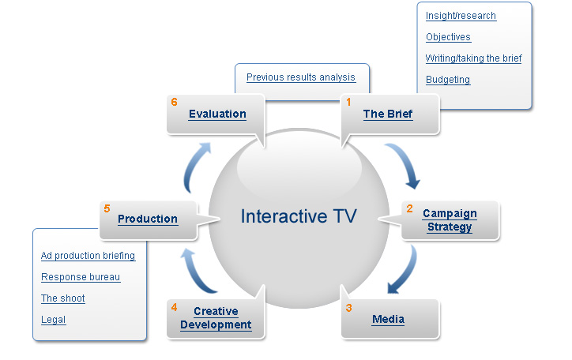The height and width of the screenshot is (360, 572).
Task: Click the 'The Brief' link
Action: [x=387, y=114]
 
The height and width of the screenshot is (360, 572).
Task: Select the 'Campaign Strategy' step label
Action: [x=450, y=220]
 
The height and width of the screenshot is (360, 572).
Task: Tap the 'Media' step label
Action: [x=388, y=320]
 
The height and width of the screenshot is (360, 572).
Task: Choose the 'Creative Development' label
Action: [x=216, y=318]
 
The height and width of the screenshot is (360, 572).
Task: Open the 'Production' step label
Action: [x=148, y=219]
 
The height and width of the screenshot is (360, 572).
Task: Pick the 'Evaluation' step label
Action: [x=217, y=114]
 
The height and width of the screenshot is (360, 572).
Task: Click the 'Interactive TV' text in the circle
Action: [x=299, y=216]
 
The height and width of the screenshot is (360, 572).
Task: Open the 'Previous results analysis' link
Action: [x=301, y=77]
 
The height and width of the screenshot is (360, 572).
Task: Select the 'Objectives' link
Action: [x=448, y=37]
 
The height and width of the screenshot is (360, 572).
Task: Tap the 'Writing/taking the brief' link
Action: [x=473, y=58]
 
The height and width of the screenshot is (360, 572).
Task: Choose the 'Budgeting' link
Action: [x=448, y=80]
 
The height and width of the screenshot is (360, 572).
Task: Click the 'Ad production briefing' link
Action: [x=88, y=256]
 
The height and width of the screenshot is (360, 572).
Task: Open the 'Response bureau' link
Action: [x=81, y=277]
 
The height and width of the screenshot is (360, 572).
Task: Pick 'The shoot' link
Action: [x=63, y=298]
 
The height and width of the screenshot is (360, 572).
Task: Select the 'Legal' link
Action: [x=53, y=320]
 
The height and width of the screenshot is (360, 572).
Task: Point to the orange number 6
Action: [x=174, y=102]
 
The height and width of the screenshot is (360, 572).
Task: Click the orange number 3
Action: [x=348, y=308]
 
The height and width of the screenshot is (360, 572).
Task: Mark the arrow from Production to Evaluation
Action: [x=195, y=166]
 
